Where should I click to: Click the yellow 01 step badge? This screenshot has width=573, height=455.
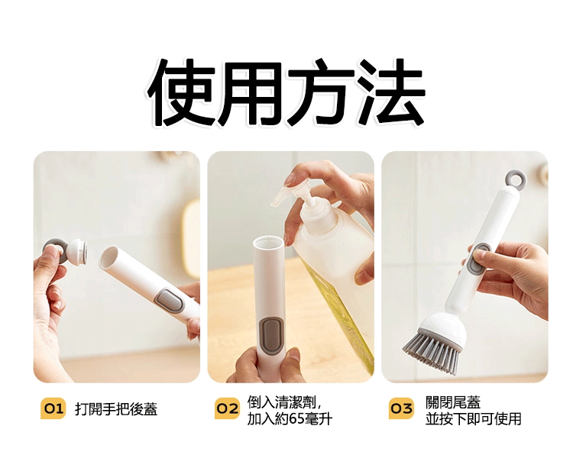pos(53,408)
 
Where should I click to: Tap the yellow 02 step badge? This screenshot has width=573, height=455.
pos(227,408)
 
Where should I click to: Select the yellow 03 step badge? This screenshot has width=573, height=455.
pos(401,408)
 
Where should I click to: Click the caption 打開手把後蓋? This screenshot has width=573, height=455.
pos(116,409)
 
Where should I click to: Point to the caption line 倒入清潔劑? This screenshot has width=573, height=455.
pos(284,402)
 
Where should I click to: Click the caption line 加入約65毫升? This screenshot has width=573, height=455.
pos(290,419)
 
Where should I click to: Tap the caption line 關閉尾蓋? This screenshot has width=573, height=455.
pos(453,402)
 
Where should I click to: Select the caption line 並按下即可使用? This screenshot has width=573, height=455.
pos(473,419)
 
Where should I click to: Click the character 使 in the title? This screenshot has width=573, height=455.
pos(182,92)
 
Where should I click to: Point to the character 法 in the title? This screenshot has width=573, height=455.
pos(391,92)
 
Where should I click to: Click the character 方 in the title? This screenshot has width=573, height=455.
pos(322,92)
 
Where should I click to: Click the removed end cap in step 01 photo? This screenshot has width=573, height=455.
pos(65,251)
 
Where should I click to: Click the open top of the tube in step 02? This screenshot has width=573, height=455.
pos(268,242)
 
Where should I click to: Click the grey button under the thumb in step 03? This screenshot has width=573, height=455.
pos(479,260)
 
